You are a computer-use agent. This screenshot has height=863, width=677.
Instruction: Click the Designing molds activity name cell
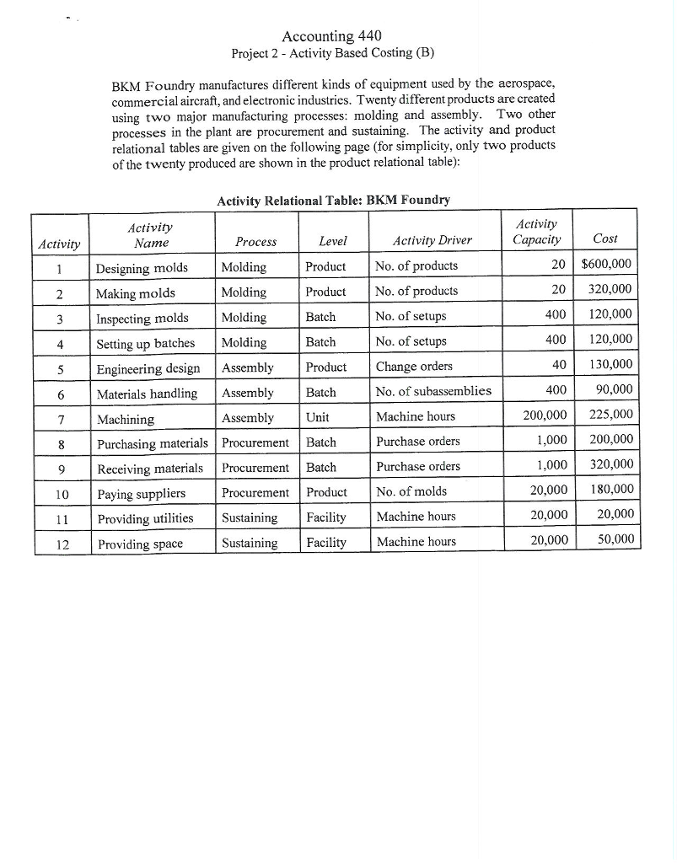tap(142, 267)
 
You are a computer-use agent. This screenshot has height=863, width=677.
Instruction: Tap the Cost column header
tap(605, 239)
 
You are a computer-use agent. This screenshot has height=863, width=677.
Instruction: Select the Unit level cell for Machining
tap(317, 417)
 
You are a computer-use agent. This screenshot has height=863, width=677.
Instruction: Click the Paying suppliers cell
tap(141, 493)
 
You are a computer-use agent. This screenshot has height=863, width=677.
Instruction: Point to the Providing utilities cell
tap(144, 518)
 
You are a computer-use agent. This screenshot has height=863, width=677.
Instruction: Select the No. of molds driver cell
tap(411, 492)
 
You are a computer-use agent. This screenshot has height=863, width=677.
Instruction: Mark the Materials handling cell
tap(147, 394)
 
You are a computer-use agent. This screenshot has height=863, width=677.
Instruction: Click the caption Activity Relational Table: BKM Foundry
tap(333, 201)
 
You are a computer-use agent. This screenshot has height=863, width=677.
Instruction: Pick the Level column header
tap(333, 241)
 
